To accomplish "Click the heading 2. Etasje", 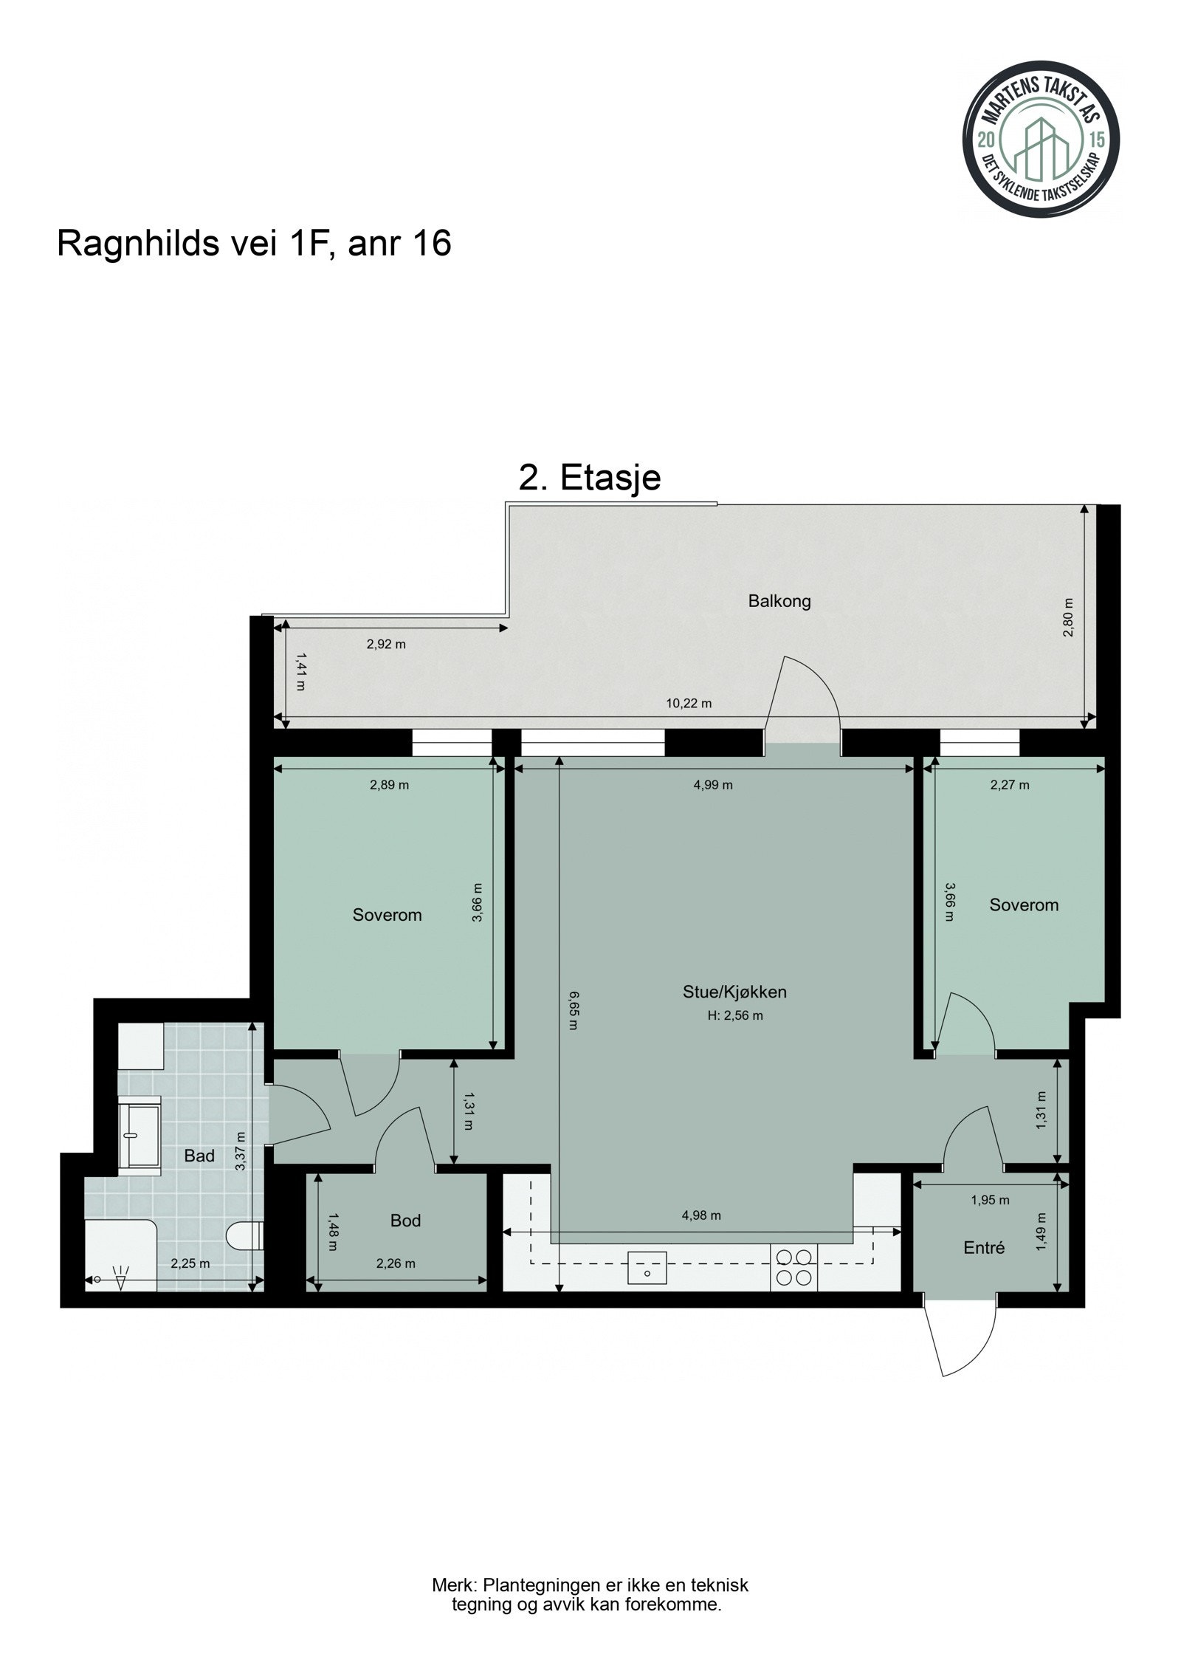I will [x=589, y=478].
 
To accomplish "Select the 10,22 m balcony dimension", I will [x=688, y=704].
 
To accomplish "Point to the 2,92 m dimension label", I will [x=386, y=644].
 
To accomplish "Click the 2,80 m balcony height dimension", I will [x=1070, y=618].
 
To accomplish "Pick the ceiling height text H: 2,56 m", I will [x=734, y=1015].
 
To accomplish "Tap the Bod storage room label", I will [x=405, y=1221].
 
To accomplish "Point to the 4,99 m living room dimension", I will [x=712, y=785].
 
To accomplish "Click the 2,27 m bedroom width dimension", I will [x=1009, y=785].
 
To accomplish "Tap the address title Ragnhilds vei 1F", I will [x=253, y=243].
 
